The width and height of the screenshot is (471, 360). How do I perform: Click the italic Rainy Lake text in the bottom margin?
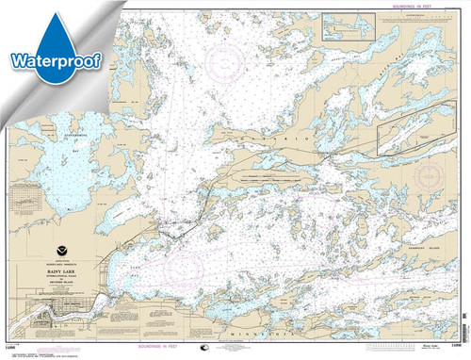pos(428,348)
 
